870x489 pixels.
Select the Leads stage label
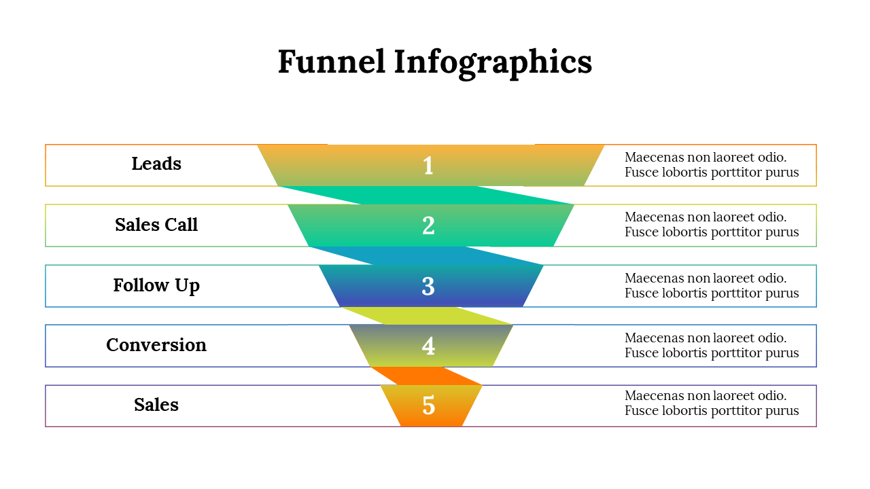tap(156, 164)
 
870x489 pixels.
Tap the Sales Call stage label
tap(156, 225)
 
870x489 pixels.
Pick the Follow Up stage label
tap(156, 285)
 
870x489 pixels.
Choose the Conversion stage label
tap(156, 345)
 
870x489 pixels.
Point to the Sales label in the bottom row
tap(156, 405)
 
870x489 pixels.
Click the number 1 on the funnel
tap(428, 166)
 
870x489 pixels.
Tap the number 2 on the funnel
tap(428, 225)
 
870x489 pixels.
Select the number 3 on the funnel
tap(428, 286)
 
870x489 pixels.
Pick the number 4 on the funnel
tap(428, 346)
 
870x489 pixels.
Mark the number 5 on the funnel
tap(428, 405)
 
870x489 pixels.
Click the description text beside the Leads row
tap(712, 165)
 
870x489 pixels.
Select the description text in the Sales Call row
tap(712, 225)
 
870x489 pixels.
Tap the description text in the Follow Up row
tap(712, 286)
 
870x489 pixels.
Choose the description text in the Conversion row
tap(712, 346)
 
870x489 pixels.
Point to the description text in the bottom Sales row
tap(712, 403)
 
